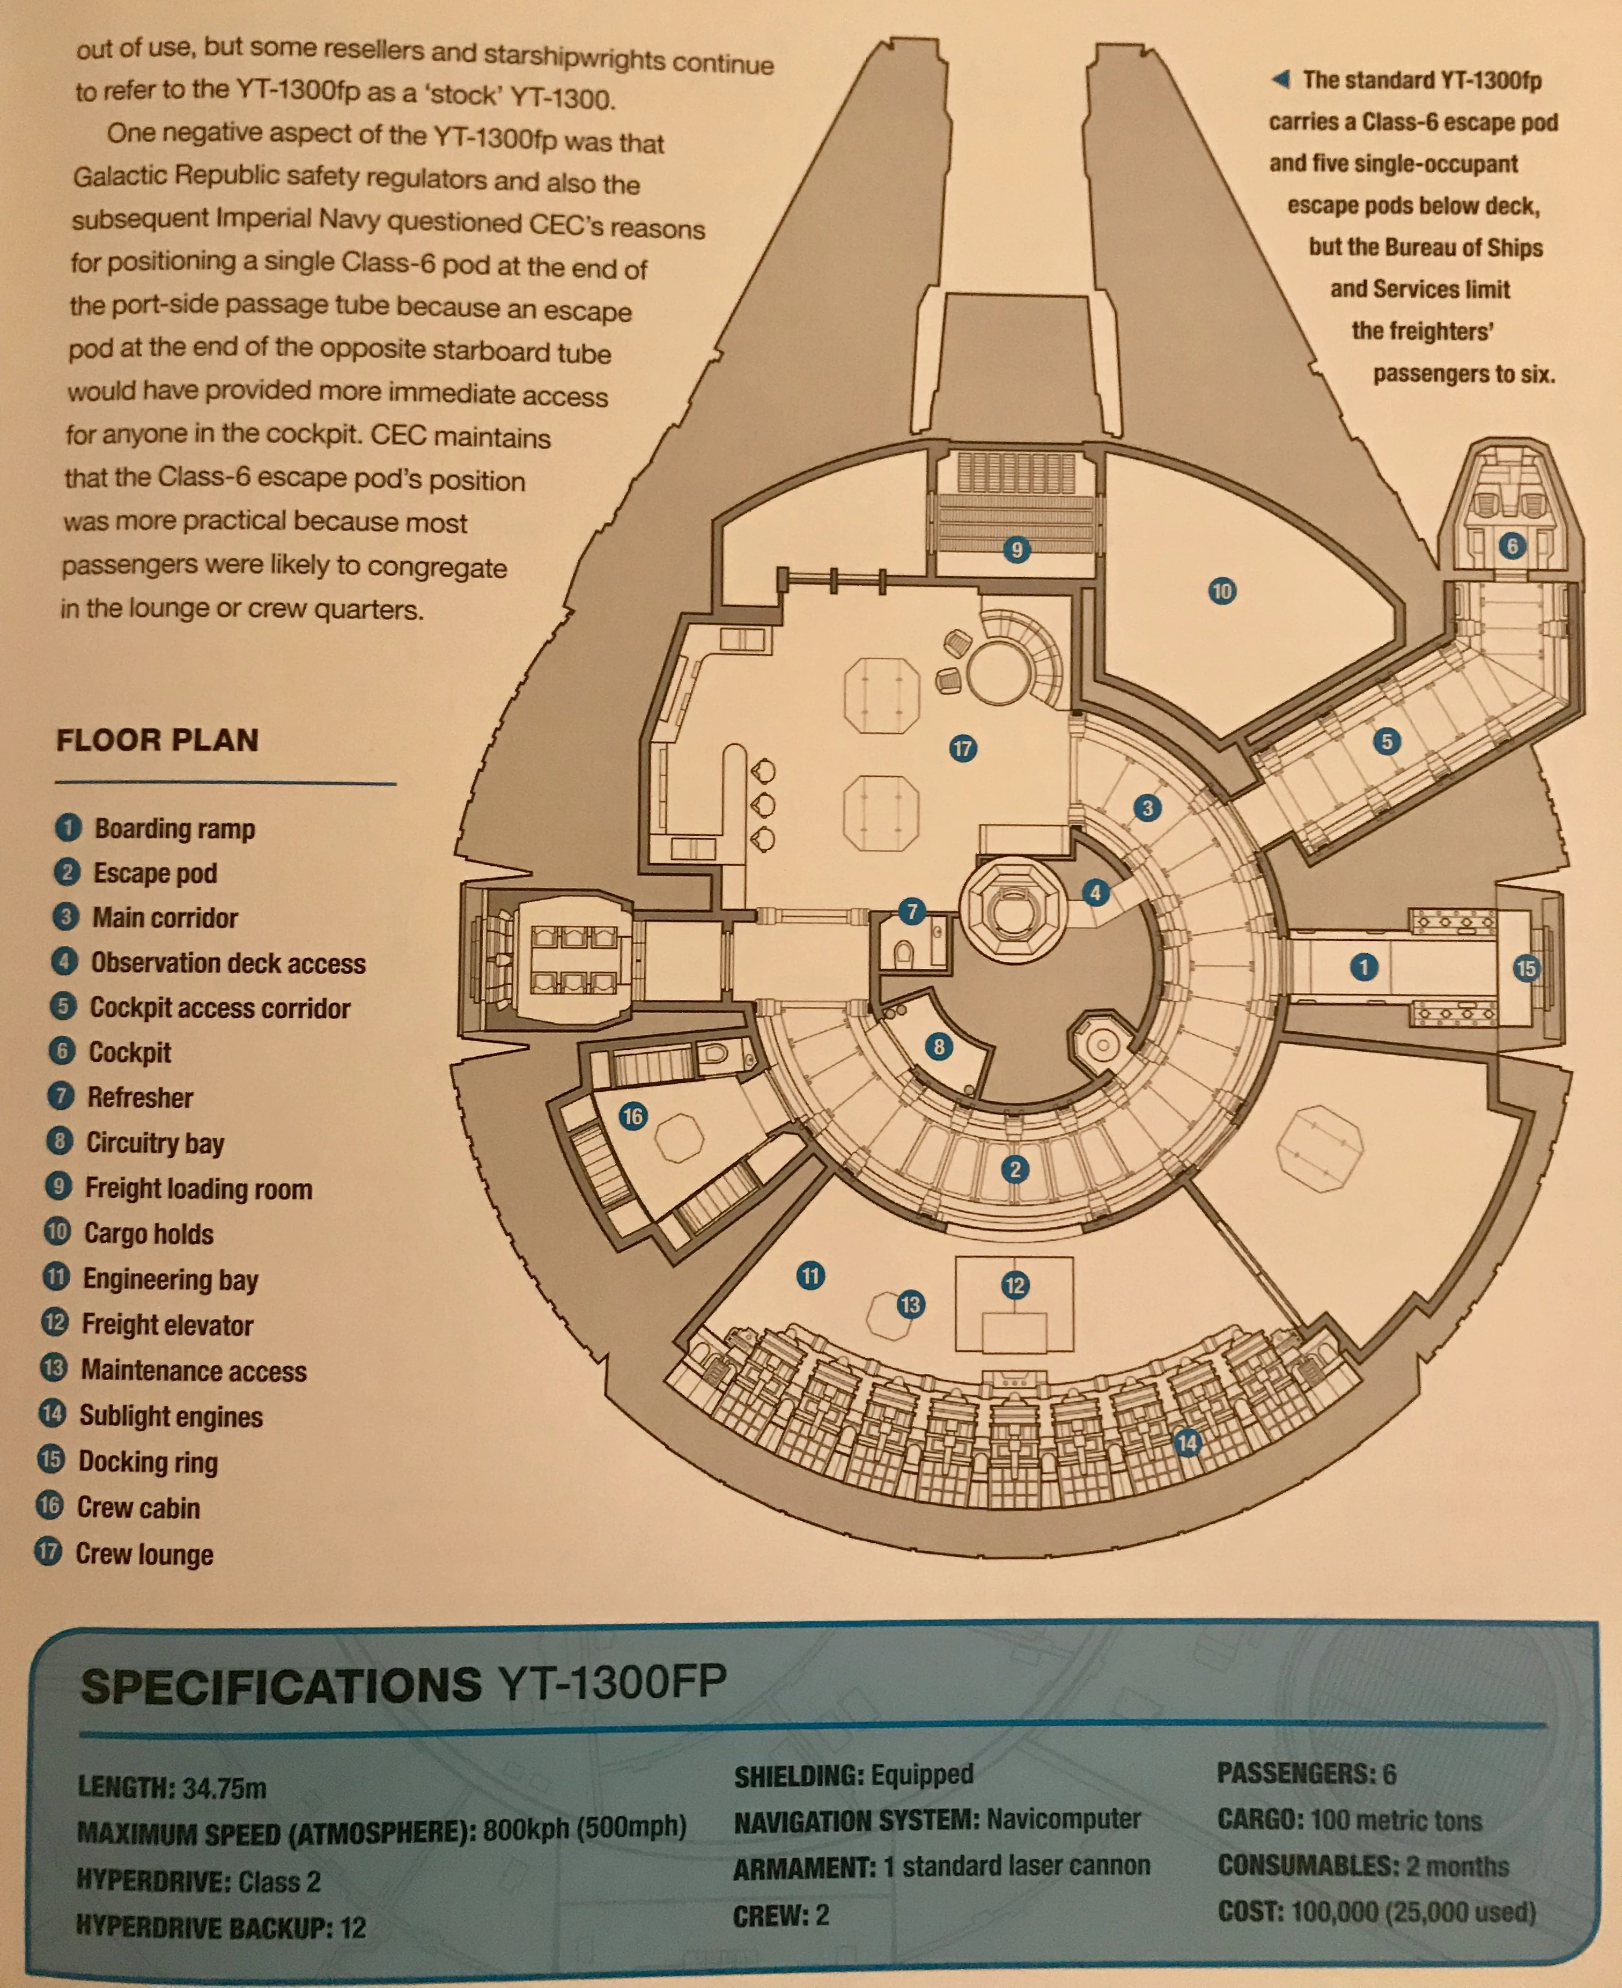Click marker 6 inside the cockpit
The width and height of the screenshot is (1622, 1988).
tap(1512, 546)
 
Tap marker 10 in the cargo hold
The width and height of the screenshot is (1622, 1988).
tap(1221, 591)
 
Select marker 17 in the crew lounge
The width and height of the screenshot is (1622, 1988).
tap(962, 748)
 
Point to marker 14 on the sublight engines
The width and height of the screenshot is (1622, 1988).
tap(1186, 1442)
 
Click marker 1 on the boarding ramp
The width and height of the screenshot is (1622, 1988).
tap(1364, 967)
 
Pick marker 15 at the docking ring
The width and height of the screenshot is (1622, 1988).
tap(1526, 968)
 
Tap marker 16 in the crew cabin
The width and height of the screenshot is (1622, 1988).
tap(632, 1115)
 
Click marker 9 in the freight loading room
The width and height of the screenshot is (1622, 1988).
tap(1016, 549)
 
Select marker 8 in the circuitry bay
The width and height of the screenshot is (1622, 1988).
tap(939, 1047)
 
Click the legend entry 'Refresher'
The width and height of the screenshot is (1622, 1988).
tap(140, 1097)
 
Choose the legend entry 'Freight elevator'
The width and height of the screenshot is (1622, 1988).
tap(167, 1325)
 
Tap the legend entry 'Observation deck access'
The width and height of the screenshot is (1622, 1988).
tap(228, 963)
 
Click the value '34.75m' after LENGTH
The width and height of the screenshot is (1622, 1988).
tap(224, 1788)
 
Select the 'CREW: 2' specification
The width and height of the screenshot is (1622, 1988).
tap(781, 1916)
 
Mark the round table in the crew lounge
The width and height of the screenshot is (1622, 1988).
tap(1000, 673)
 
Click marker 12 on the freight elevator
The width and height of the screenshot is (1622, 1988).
tap(1015, 1285)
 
